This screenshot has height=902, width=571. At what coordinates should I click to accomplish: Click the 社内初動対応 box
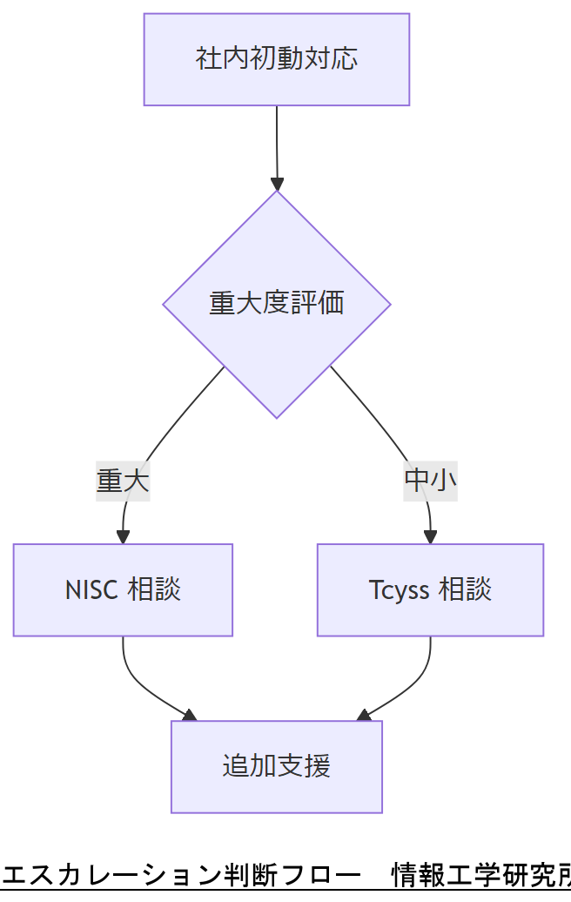click(x=276, y=59)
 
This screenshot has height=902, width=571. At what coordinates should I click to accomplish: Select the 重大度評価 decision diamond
click(x=276, y=304)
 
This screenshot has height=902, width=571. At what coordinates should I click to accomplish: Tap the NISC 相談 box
click(x=123, y=590)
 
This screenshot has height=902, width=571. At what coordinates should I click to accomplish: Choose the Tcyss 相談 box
click(x=430, y=590)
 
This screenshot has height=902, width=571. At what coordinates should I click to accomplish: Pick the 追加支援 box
click(x=276, y=767)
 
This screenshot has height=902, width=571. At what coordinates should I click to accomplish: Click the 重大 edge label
click(x=123, y=481)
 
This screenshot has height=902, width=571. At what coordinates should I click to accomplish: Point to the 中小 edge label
click(x=430, y=480)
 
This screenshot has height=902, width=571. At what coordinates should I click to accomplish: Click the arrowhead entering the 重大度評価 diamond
click(x=277, y=184)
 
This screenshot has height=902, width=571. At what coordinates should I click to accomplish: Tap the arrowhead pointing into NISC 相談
click(x=123, y=536)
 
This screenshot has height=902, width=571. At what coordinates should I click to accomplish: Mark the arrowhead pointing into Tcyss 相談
click(x=430, y=536)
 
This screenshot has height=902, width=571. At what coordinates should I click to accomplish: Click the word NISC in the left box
click(x=92, y=590)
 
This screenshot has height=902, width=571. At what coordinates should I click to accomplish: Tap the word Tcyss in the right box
click(x=399, y=590)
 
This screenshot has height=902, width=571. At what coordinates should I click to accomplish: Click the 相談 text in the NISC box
click(x=154, y=590)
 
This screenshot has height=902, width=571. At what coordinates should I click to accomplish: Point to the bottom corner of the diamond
click(x=276, y=417)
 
